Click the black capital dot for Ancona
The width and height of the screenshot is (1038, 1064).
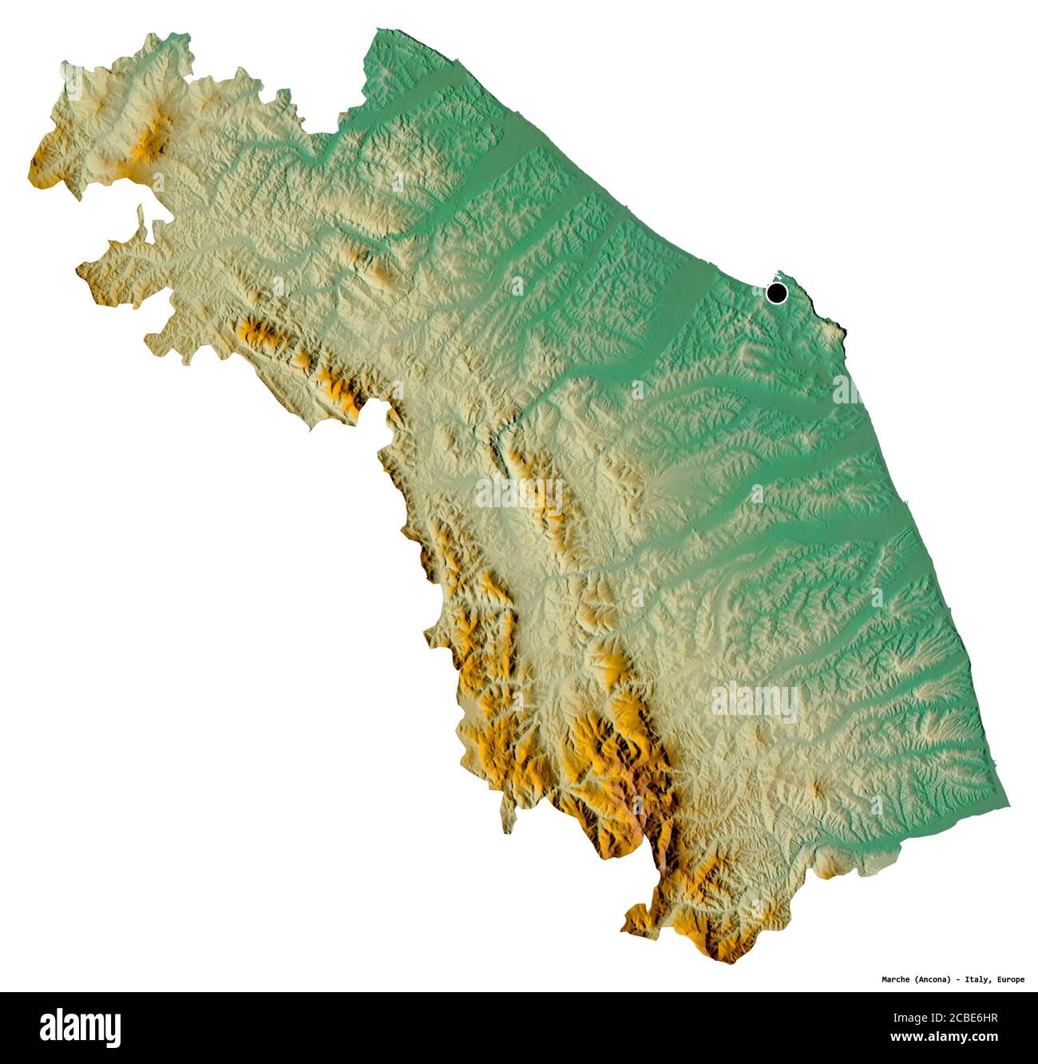(x=776, y=294)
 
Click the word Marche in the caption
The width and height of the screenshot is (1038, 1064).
(x=897, y=979)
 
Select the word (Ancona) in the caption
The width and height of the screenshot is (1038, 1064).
(x=937, y=979)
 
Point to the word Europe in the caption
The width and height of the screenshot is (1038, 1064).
(x=1011, y=979)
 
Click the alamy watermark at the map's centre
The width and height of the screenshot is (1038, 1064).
(x=519, y=493)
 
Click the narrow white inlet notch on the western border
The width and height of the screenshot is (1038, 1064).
(x=141, y=214)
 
